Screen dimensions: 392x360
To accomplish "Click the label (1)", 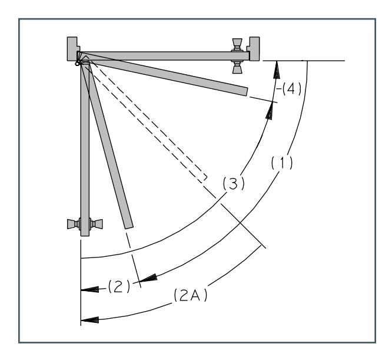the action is click(282, 163).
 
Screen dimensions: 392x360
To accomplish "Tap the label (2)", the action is click(119, 286).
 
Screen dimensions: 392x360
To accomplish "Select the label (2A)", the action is click(191, 295).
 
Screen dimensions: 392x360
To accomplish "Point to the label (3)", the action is click(234, 183).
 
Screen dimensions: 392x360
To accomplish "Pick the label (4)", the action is click(291, 89).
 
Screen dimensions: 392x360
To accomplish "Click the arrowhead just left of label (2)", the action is click(90, 289).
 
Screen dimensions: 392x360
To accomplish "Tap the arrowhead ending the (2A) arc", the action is click(90, 320).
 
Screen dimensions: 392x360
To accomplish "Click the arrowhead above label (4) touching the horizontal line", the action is click(277, 70).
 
